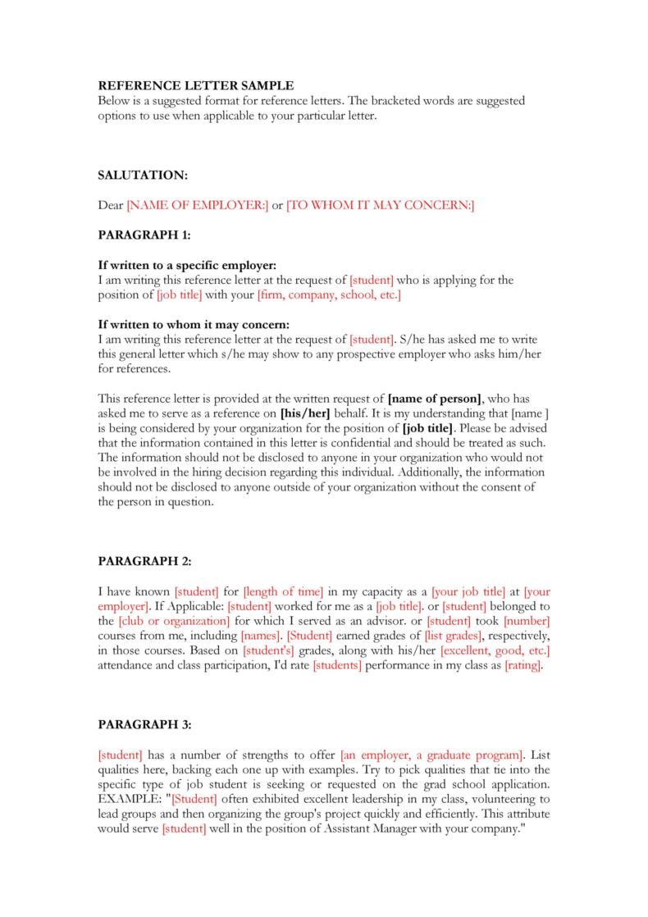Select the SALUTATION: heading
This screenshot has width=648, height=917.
(x=143, y=176)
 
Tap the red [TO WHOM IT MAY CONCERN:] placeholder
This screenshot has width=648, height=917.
(x=381, y=206)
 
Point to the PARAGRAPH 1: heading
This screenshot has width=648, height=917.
(x=144, y=235)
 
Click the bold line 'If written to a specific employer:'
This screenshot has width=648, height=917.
(x=187, y=266)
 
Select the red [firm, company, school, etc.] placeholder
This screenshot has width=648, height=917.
(x=329, y=294)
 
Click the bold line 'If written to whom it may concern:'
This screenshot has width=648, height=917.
(x=194, y=325)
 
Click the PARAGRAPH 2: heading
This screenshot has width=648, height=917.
(x=144, y=561)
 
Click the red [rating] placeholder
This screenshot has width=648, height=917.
(x=523, y=665)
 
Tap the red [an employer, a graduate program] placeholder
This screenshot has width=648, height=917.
(x=431, y=754)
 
